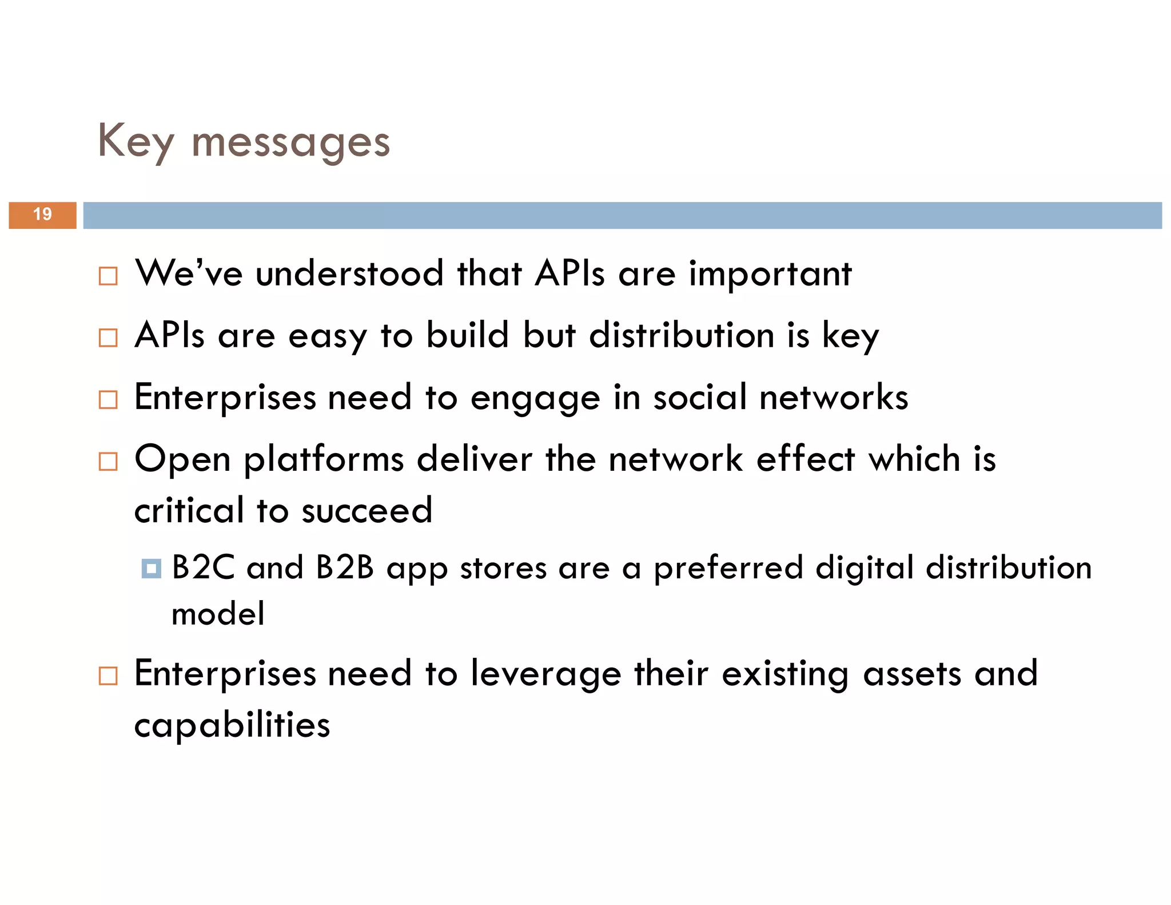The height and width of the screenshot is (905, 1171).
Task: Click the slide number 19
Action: [x=42, y=215]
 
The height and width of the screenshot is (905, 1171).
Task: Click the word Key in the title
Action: [x=135, y=141]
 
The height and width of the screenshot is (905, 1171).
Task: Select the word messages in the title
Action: [x=290, y=143]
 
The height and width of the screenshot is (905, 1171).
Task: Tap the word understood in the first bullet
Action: [x=349, y=273]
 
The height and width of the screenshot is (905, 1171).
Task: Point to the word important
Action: [x=770, y=275]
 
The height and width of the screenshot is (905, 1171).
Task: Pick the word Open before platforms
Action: [x=182, y=459]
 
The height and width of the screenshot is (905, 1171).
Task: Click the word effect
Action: [x=805, y=459]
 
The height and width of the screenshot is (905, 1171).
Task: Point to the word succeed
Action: [x=367, y=510]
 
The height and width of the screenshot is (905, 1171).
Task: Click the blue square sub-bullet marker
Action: [x=152, y=569]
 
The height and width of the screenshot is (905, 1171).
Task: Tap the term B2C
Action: [x=204, y=567]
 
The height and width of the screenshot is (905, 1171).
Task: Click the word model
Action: [x=218, y=614]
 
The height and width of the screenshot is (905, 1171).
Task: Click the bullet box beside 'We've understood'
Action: [x=108, y=276]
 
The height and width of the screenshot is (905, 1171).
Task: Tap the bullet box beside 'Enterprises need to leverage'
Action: [x=108, y=676]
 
